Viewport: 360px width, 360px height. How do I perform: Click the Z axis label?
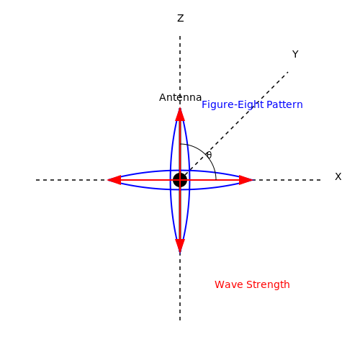tap(181, 18)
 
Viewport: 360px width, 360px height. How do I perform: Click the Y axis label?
tap(295, 54)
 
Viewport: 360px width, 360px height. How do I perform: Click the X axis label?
tap(338, 176)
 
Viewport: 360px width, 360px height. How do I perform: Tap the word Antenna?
tap(180, 97)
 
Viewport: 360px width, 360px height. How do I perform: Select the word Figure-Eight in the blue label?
tap(233, 105)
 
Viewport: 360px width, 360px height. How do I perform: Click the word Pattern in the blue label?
tap(284, 104)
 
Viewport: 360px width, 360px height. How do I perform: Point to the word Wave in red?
tap(229, 284)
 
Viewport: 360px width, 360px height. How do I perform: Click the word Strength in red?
tap(268, 285)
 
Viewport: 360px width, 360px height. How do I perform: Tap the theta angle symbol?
tap(209, 155)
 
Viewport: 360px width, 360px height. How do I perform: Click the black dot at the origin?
tap(180, 180)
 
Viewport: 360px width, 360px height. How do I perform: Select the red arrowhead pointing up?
tap(180, 114)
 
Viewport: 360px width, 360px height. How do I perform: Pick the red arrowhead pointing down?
tap(180, 246)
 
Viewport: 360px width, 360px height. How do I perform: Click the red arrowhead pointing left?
tap(114, 180)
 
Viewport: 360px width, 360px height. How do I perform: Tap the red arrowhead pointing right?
tap(246, 180)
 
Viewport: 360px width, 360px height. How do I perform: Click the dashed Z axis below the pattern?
tap(180, 287)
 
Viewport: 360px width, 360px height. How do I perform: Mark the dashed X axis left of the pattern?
tap(72, 180)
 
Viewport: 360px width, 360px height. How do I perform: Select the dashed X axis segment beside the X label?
tap(287, 180)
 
